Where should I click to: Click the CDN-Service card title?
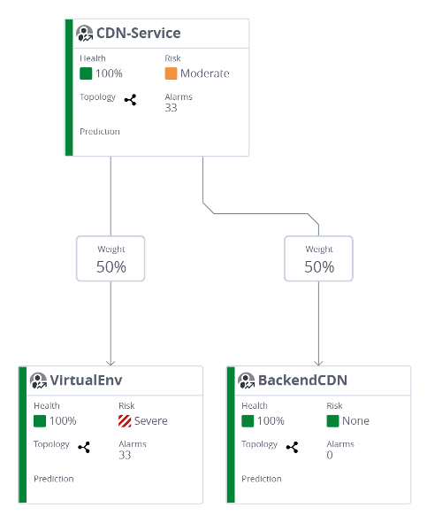pyautogui.click(x=138, y=34)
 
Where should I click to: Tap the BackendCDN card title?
pyautogui.click(x=301, y=381)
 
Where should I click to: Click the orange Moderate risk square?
pyautogui.click(x=171, y=73)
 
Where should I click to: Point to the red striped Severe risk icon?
pyautogui.click(x=125, y=420)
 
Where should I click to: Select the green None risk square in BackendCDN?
pyautogui.click(x=332, y=420)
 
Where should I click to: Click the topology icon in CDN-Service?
pyautogui.click(x=131, y=100)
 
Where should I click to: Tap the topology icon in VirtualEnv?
pyautogui.click(x=84, y=447)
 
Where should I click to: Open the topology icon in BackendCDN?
pyautogui.click(x=293, y=447)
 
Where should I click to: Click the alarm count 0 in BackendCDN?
pyautogui.click(x=330, y=455)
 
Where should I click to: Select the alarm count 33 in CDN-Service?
pyautogui.click(x=172, y=108)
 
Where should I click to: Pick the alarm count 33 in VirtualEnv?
pyautogui.click(x=125, y=455)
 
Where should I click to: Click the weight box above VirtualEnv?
pyautogui.click(x=111, y=258)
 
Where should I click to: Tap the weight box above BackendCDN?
pyautogui.click(x=319, y=258)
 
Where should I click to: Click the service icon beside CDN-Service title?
pyautogui.click(x=85, y=34)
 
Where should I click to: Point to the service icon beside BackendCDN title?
pyautogui.click(x=247, y=381)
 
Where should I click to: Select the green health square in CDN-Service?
pyautogui.click(x=86, y=73)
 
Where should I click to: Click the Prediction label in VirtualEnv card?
pyautogui.click(x=53, y=479)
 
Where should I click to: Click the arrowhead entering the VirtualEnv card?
pyautogui.click(x=111, y=362)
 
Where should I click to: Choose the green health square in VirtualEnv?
pyautogui.click(x=40, y=420)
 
